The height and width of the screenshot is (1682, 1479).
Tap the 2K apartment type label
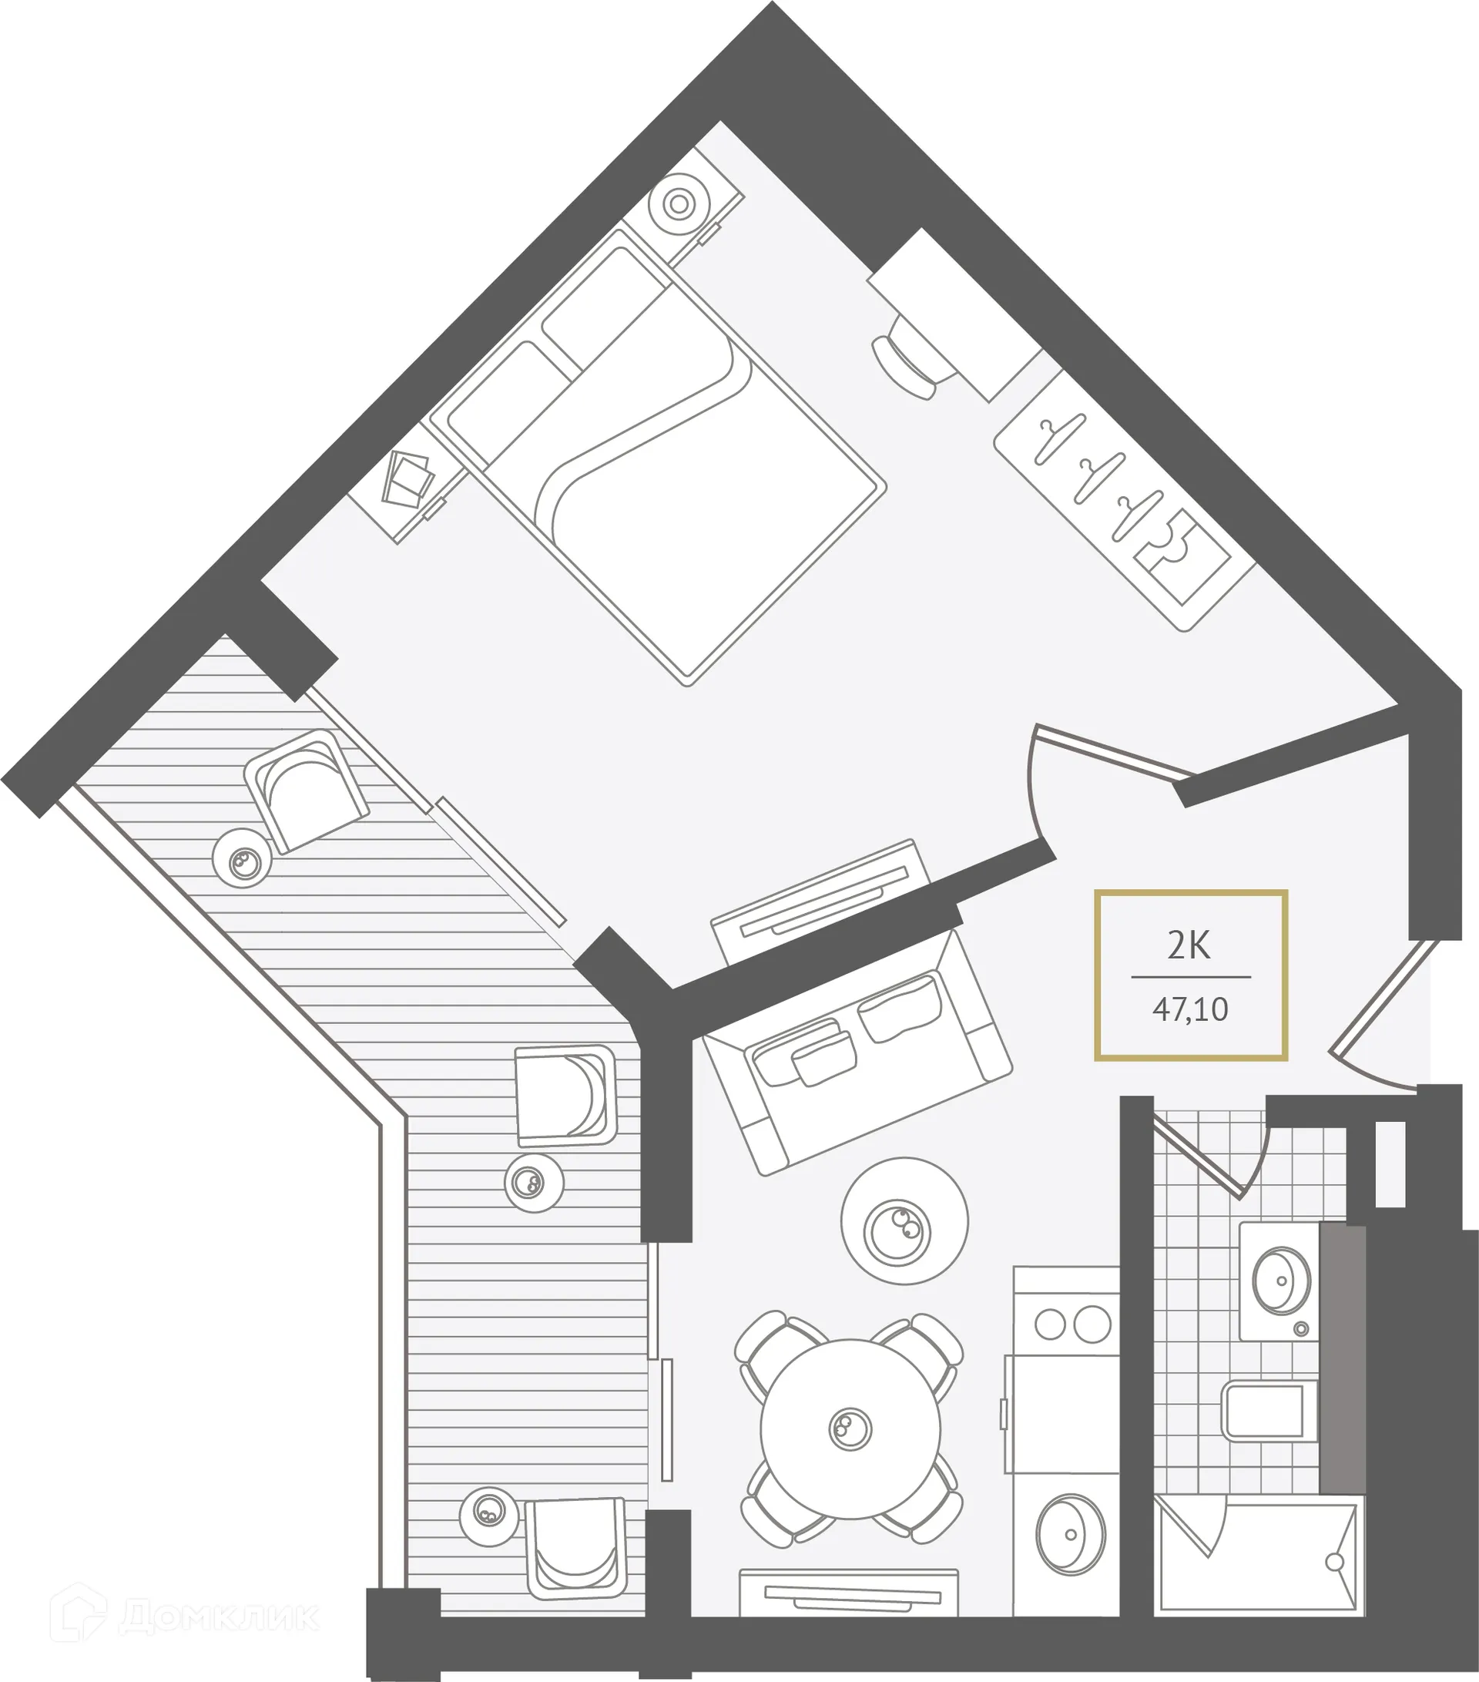tap(1189, 947)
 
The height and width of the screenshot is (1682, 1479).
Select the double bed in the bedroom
tap(658, 457)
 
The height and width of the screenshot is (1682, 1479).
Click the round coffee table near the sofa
tap(904, 1220)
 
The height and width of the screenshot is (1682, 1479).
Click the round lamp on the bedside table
tap(678, 203)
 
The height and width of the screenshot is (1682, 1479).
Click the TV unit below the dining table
tap(849, 1598)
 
